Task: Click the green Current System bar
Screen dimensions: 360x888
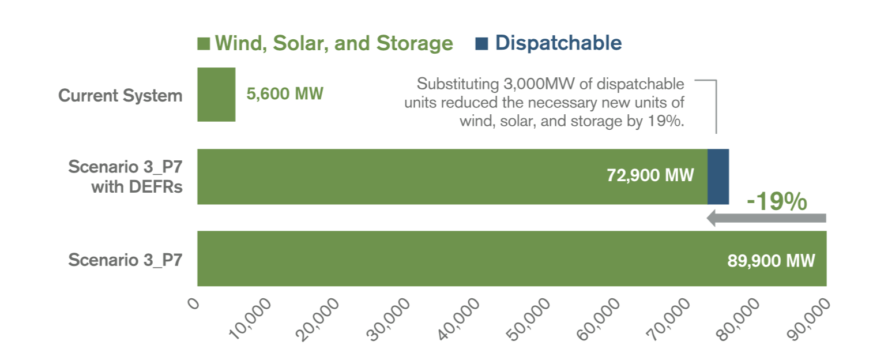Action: click(216, 95)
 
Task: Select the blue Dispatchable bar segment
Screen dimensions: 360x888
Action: click(718, 177)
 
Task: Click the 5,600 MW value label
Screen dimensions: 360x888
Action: click(285, 94)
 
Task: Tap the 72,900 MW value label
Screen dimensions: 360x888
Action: click(650, 175)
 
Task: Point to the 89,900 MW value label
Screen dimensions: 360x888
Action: click(771, 260)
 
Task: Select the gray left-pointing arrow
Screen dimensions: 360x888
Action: click(766, 218)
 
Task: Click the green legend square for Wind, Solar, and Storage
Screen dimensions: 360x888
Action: click(204, 44)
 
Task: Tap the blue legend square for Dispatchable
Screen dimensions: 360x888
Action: click(481, 44)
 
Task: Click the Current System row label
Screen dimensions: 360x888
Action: click(120, 95)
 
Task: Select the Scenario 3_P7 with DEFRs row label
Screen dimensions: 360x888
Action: click(125, 177)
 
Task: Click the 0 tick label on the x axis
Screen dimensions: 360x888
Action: click(194, 304)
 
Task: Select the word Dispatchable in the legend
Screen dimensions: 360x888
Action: click(558, 43)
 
